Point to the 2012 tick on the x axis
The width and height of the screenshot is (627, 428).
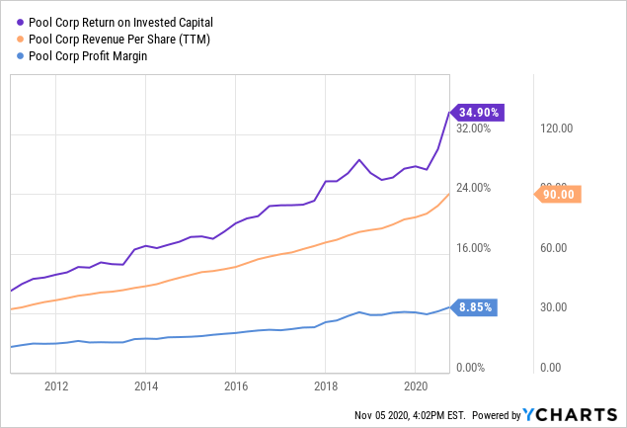[55, 386]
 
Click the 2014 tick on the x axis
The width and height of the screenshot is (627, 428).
[145, 386]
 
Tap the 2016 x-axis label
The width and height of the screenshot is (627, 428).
[235, 386]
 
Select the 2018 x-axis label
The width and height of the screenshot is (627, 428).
[326, 386]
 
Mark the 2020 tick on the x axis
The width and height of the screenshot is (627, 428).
[416, 386]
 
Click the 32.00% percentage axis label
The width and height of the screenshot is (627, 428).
[473, 128]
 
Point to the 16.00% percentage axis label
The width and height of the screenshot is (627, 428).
[473, 248]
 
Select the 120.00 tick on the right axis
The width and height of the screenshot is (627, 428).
[557, 128]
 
